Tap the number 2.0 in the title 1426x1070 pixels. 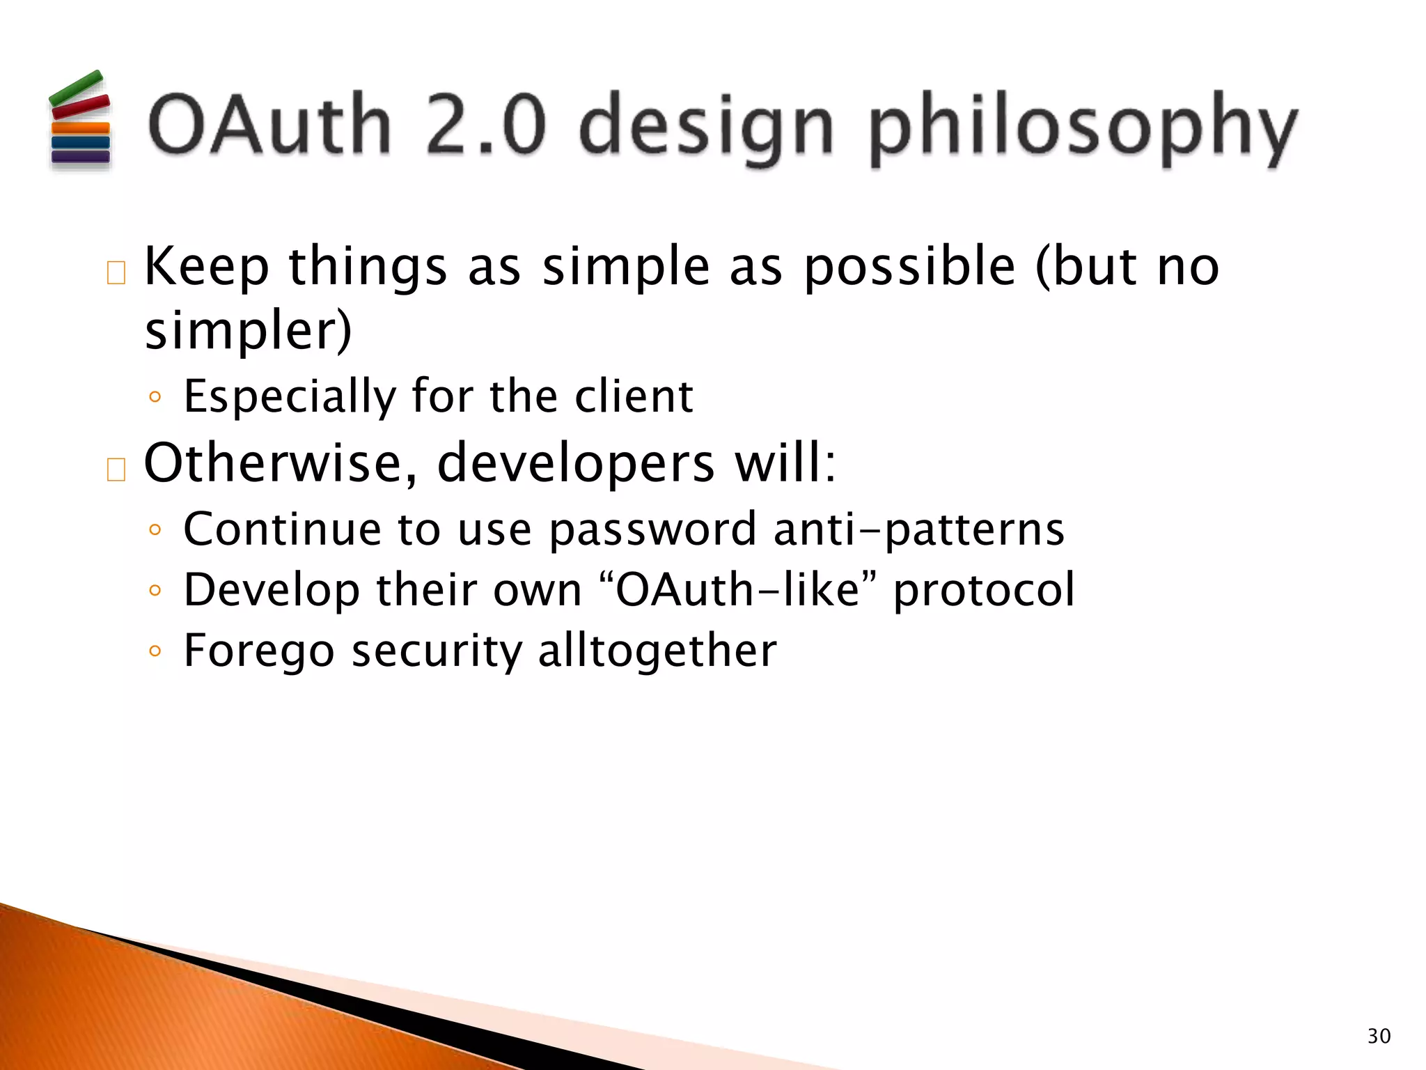[485, 126]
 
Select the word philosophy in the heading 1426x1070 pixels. [1083, 129]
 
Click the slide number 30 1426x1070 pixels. [1379, 1037]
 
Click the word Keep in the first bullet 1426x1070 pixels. [206, 268]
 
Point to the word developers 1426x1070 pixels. [575, 465]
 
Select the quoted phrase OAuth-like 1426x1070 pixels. [739, 590]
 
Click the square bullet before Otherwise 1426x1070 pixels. [116, 470]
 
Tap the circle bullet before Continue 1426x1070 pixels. [155, 530]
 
